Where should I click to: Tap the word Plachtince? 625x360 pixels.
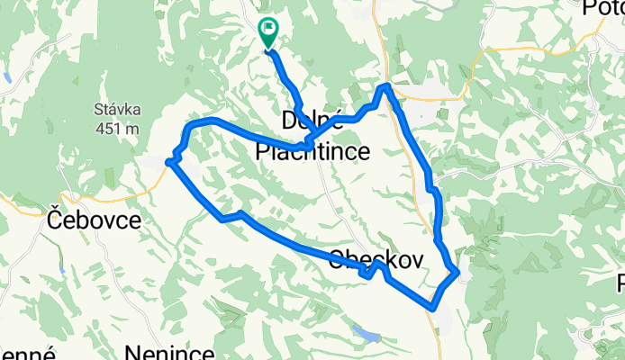tap(312, 152)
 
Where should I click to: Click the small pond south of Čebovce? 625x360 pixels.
tap(60, 268)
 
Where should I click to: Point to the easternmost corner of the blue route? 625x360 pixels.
tap(458, 271)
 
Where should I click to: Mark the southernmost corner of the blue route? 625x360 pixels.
tap(434, 307)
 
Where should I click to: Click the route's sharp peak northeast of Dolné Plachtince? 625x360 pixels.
tap(385, 85)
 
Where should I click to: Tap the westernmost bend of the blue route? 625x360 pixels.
tap(169, 162)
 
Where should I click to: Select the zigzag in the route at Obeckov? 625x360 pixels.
tap(372, 272)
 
